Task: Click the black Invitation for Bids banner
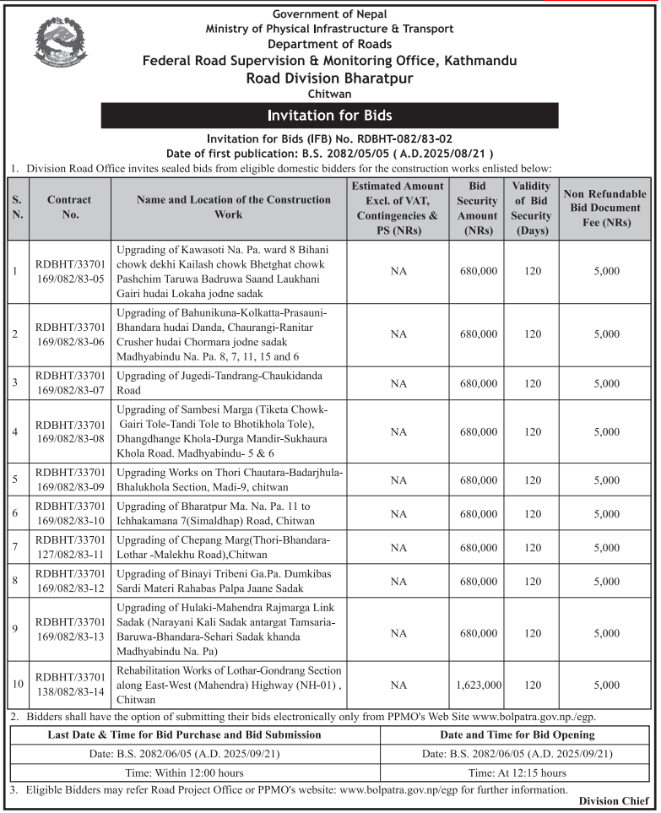pyautogui.click(x=329, y=115)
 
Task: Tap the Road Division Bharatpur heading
pyautogui.click(x=329, y=79)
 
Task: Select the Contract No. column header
pyautogui.click(x=69, y=207)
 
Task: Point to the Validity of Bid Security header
pyautogui.click(x=531, y=207)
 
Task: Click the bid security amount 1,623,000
pyautogui.click(x=479, y=685)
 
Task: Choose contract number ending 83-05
pyautogui.click(x=69, y=271)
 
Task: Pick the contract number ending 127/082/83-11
pyautogui.click(x=69, y=546)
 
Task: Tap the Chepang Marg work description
pyautogui.click(x=224, y=546)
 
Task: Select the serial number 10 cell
pyautogui.click(x=17, y=685)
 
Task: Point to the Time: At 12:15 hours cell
pyautogui.click(x=517, y=772)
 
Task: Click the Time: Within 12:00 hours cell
pyautogui.click(x=195, y=772)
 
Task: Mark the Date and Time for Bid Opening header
pyautogui.click(x=517, y=734)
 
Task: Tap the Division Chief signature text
pyautogui.click(x=615, y=800)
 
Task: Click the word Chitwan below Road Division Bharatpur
pyautogui.click(x=329, y=95)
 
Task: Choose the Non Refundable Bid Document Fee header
pyautogui.click(x=606, y=207)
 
